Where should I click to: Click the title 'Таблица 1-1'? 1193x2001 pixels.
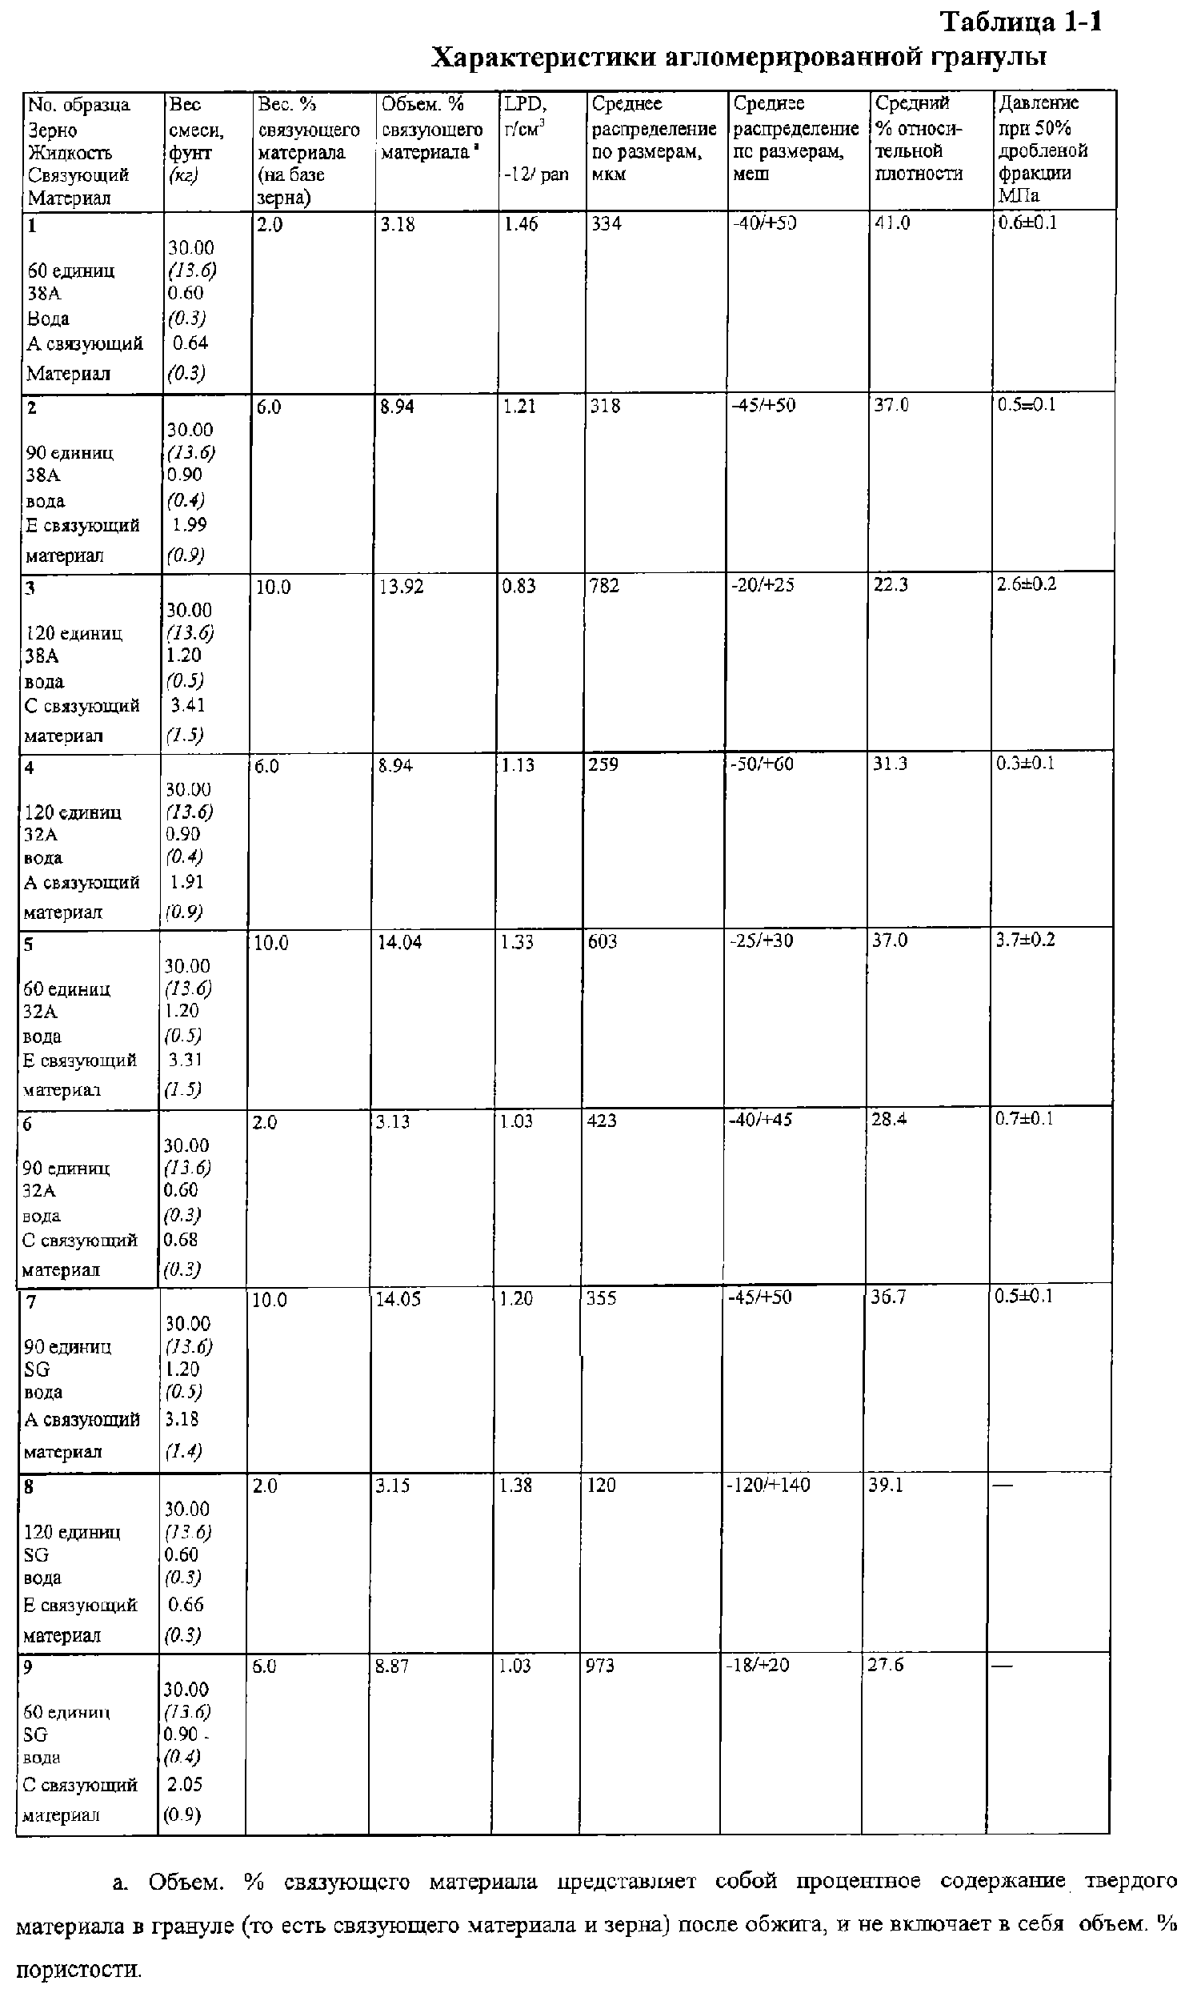1021,22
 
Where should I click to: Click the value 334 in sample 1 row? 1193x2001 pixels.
607,223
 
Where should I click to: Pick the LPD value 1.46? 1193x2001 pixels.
520,224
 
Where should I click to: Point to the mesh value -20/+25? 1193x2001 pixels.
762,585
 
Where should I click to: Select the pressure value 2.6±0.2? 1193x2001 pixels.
1027,584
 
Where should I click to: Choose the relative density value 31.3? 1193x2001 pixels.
890,764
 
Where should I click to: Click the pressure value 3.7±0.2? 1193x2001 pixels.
1025,940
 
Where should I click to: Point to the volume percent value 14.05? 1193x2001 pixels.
398,1299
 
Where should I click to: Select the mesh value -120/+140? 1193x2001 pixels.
770,1485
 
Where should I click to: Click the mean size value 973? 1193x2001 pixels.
600,1665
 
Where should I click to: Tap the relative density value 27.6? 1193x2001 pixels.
885,1664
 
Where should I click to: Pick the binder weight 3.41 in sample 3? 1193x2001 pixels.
187,705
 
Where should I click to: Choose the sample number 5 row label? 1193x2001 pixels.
28,944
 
